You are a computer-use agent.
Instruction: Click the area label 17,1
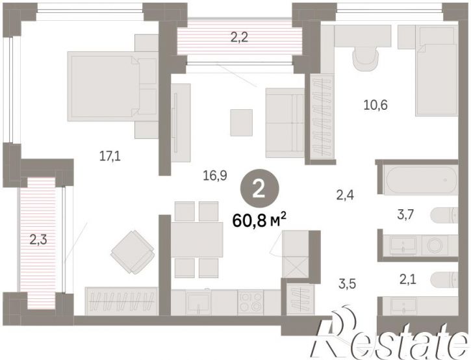(110, 156)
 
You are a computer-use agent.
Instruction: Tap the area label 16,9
(215, 175)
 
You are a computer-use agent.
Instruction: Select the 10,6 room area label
(376, 105)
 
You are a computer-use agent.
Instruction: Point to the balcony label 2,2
(239, 38)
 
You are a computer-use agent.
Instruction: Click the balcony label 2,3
(38, 240)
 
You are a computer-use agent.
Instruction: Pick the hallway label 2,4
(345, 196)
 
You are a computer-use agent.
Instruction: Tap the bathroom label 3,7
(405, 214)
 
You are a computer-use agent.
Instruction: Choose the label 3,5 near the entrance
(348, 283)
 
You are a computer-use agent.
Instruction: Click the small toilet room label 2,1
(407, 280)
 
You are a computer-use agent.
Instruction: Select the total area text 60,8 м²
(259, 222)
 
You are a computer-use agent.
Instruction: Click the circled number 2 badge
(259, 189)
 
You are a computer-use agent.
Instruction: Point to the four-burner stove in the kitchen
(251, 302)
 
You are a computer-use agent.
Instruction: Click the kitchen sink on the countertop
(198, 303)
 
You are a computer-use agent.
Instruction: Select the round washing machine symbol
(435, 245)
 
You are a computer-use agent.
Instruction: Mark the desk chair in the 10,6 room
(365, 58)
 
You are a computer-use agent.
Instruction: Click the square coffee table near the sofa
(241, 123)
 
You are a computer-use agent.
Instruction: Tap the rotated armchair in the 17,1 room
(133, 252)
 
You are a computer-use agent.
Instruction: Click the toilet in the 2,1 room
(444, 280)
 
